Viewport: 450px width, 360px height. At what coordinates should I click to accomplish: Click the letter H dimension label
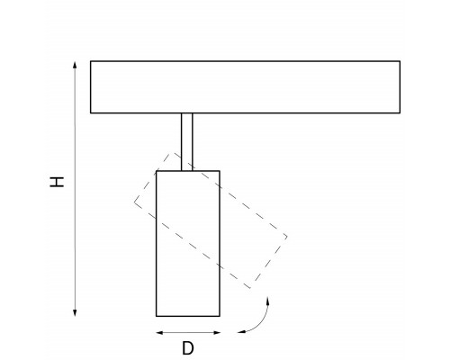pyautogui.click(x=57, y=182)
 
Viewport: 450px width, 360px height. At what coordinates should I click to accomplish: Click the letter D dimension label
pyautogui.click(x=188, y=348)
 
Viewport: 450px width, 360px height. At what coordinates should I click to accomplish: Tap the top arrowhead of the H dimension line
pyautogui.click(x=75, y=65)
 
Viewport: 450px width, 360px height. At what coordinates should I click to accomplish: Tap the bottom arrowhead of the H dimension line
pyautogui.click(x=75, y=313)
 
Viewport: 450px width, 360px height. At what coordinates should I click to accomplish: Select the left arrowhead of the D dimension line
pyautogui.click(x=159, y=332)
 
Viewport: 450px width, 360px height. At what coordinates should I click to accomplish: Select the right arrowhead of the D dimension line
pyautogui.click(x=217, y=332)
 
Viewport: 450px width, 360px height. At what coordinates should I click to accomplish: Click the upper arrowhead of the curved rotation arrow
pyautogui.click(x=267, y=301)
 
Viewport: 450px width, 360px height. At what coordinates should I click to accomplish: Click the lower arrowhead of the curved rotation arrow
pyautogui.click(x=241, y=332)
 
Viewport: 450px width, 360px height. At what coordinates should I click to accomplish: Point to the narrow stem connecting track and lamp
pyautogui.click(x=187, y=142)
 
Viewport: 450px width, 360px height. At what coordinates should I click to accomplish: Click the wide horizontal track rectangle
pyautogui.click(x=245, y=87)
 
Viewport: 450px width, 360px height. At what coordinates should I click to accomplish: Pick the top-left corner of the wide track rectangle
pyautogui.click(x=91, y=61)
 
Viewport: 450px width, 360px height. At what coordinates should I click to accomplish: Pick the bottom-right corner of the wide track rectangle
pyautogui.click(x=400, y=113)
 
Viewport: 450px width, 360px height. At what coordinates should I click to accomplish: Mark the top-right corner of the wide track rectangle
pyautogui.click(x=400, y=61)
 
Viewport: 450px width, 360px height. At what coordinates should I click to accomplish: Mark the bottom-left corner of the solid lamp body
pyautogui.click(x=157, y=316)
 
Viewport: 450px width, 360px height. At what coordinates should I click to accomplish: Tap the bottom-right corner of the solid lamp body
pyautogui.click(x=220, y=316)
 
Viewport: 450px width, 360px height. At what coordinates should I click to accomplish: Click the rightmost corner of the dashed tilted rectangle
pyautogui.click(x=287, y=237)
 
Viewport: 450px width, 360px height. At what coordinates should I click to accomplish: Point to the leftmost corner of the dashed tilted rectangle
pyautogui.click(x=134, y=202)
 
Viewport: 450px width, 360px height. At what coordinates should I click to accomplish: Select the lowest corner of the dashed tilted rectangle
pyautogui.click(x=250, y=288)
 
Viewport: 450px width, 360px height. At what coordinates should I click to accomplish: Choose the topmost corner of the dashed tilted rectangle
pyautogui.click(x=172, y=153)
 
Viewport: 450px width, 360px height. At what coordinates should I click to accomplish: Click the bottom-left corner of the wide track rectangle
pyautogui.click(x=91, y=113)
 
